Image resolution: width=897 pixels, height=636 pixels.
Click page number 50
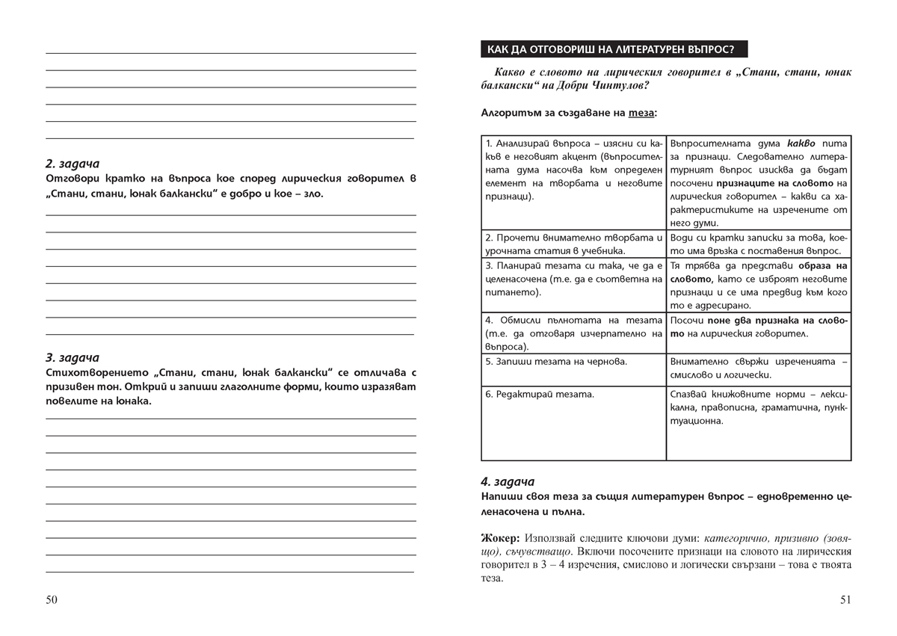click(52, 600)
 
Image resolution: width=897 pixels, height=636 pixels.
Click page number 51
click(845, 600)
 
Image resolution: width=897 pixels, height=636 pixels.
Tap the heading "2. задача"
click(72, 164)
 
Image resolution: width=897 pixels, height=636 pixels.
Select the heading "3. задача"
click(72, 357)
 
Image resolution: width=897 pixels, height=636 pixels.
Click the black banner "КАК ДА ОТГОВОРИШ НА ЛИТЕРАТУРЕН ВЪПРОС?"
click(610, 50)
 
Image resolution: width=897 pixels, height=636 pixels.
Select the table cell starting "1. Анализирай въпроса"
click(573, 182)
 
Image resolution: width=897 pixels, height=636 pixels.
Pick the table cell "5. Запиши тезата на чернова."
click(573, 369)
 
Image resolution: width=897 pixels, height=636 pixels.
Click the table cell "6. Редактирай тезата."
click(573, 422)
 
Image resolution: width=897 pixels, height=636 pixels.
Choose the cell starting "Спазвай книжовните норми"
click(759, 422)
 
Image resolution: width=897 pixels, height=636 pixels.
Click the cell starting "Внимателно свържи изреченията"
click(759, 368)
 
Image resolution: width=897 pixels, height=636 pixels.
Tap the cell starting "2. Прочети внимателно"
click(573, 244)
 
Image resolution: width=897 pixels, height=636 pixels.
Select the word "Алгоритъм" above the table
click(511, 114)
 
